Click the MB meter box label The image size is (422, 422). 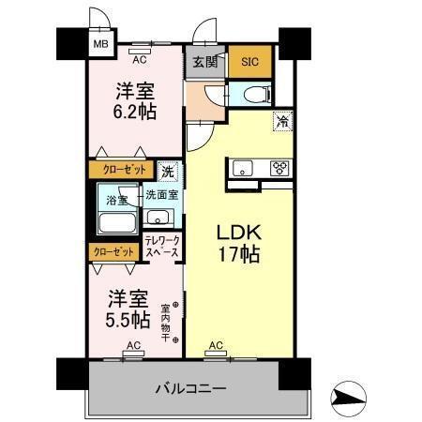(x=98, y=42)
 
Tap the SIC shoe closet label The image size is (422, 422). (x=249, y=62)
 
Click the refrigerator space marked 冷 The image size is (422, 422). (x=280, y=119)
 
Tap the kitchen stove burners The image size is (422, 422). (x=279, y=169)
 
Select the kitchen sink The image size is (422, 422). (x=240, y=169)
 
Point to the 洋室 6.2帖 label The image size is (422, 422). (x=135, y=100)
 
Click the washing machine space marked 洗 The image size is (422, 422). (x=167, y=172)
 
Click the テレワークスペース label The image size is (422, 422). (x=161, y=246)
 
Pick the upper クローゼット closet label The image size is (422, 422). (x=117, y=171)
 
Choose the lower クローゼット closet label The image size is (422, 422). (x=112, y=251)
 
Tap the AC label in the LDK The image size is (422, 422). (x=215, y=345)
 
